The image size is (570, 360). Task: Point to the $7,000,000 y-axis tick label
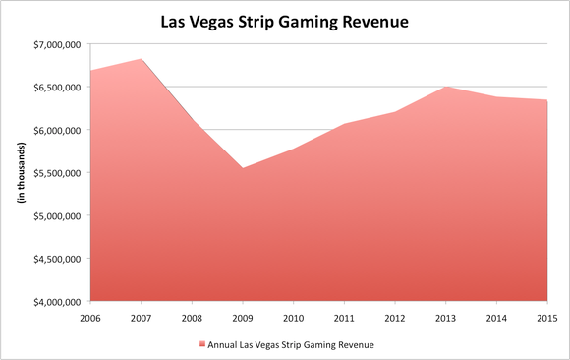pyautogui.click(x=57, y=44)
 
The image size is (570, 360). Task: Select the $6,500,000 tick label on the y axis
pyautogui.click(x=57, y=88)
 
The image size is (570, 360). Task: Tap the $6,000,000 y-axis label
pyautogui.click(x=57, y=130)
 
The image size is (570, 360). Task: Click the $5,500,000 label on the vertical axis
pyautogui.click(x=57, y=173)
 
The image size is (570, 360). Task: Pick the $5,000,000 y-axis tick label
pyautogui.click(x=57, y=215)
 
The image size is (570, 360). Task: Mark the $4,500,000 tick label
pyautogui.click(x=57, y=259)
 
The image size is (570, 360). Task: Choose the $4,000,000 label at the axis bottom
pyautogui.click(x=57, y=302)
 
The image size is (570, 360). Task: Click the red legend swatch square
pyautogui.click(x=201, y=343)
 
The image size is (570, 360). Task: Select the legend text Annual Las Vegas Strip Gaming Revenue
pyautogui.click(x=291, y=343)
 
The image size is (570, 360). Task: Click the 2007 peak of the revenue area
pyautogui.click(x=142, y=59)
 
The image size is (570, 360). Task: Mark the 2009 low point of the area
pyautogui.click(x=243, y=168)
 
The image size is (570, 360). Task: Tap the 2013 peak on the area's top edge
pyautogui.click(x=445, y=87)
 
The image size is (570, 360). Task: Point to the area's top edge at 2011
pyautogui.click(x=344, y=124)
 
